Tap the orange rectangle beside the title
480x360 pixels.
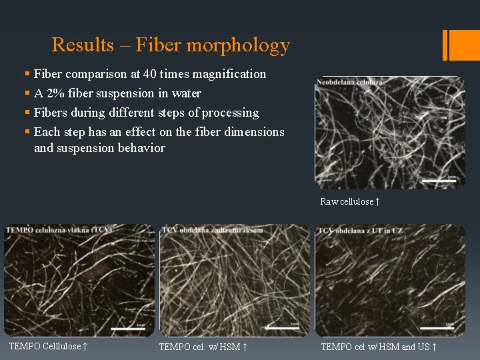(x=460, y=45)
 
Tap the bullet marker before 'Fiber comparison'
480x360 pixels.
(x=27, y=74)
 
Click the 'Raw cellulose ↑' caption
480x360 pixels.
(x=350, y=201)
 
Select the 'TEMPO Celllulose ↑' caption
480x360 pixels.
(x=49, y=346)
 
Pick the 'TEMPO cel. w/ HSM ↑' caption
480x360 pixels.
(x=203, y=347)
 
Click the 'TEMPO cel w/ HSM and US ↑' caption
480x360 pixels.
(x=379, y=347)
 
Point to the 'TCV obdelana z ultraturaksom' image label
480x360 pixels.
(x=213, y=231)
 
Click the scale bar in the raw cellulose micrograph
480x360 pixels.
(x=439, y=179)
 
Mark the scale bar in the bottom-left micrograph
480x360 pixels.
(x=127, y=328)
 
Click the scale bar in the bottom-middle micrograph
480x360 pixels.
(x=282, y=328)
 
